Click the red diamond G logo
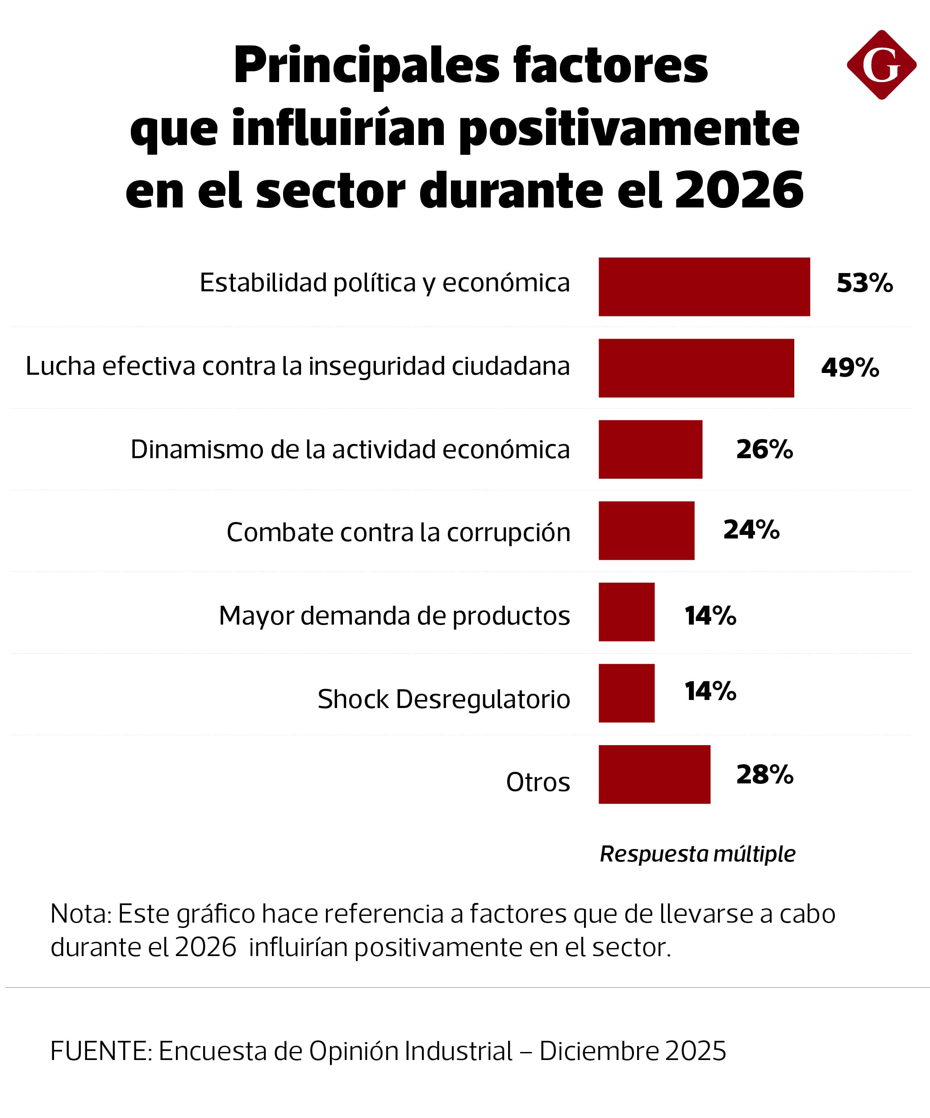tap(881, 65)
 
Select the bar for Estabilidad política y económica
tap(704, 287)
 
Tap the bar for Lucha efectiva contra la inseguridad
tap(696, 369)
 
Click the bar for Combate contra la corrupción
tap(646, 531)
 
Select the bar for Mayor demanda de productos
tap(626, 612)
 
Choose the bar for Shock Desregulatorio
tap(626, 693)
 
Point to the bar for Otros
tap(654, 774)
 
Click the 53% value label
tap(864, 283)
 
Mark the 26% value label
tap(764, 449)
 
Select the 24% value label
tap(751, 530)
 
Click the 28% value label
tap(764, 774)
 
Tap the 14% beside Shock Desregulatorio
tap(710, 692)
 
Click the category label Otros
tap(538, 782)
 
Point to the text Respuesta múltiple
tap(697, 854)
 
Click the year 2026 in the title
tap(739, 190)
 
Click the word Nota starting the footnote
tap(80, 914)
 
